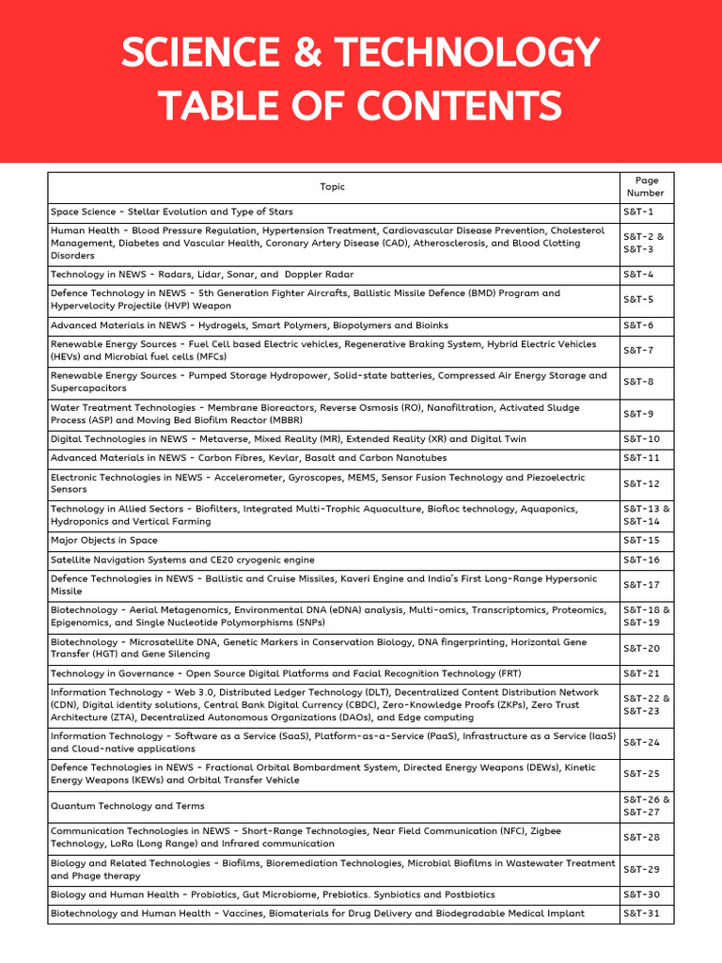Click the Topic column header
point(333,186)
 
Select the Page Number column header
point(646,186)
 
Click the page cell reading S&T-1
point(638,212)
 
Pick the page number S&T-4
point(638,275)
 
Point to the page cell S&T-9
point(638,414)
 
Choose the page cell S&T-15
point(641,541)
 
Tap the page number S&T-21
point(641,673)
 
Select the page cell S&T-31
point(641,913)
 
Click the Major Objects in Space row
point(104,541)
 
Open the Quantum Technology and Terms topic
point(127,806)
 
